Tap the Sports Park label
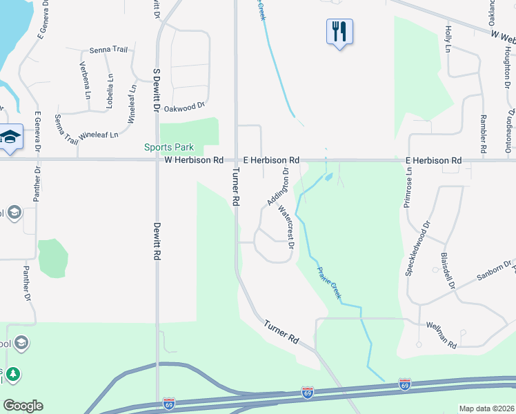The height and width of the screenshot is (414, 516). pos(169,147)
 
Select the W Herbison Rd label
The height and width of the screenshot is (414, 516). pos(194,160)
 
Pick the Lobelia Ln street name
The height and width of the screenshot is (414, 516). pos(109,86)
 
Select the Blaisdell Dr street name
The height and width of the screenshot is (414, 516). pos(448,270)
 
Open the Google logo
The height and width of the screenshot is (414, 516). pos(23,406)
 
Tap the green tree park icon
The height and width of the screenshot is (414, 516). pos(12,375)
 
